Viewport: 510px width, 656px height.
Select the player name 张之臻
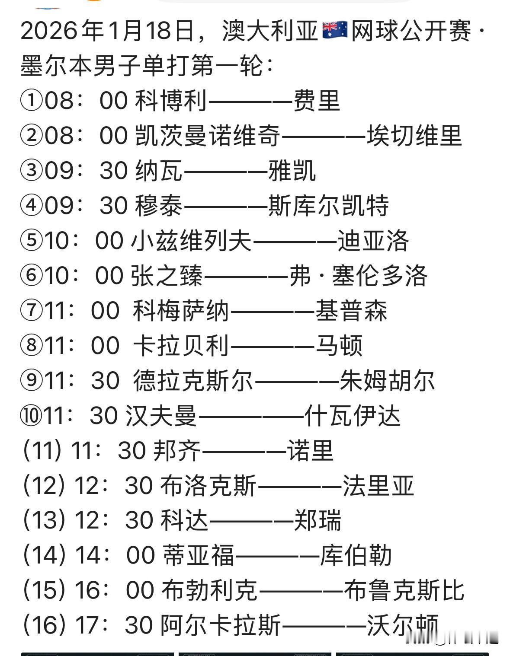[167, 276]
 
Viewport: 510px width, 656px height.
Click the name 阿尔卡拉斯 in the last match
[221, 625]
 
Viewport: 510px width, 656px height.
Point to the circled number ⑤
[31, 241]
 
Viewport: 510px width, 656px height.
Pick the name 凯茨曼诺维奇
[208, 135]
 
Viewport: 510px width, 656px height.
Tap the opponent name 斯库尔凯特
[328, 206]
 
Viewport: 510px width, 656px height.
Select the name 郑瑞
[318, 520]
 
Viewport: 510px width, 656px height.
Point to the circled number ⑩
[31, 416]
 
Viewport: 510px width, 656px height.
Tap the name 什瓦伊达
[353, 416]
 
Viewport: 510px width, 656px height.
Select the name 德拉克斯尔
[193, 381]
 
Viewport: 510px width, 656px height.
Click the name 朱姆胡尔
[387, 381]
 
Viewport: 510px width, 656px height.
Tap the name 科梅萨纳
[181, 311]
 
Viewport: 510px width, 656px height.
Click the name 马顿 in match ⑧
[339, 346]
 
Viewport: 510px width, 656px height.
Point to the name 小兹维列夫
[191, 241]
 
